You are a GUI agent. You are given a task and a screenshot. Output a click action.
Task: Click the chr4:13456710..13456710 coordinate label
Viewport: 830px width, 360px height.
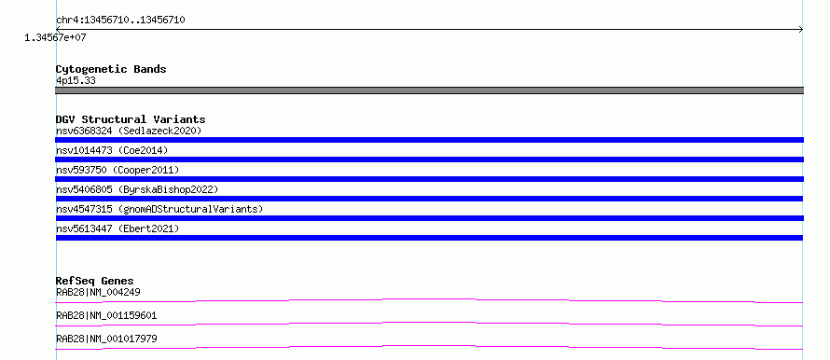(x=120, y=21)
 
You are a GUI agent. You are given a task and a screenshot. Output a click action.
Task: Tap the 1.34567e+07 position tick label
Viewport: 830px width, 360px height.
(x=55, y=37)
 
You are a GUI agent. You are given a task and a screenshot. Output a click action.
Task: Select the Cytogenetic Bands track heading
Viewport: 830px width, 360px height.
(x=111, y=69)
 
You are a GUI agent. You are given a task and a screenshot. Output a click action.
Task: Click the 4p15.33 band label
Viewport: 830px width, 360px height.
(x=76, y=80)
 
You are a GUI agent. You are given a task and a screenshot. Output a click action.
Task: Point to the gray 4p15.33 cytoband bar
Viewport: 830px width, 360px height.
(x=429, y=90)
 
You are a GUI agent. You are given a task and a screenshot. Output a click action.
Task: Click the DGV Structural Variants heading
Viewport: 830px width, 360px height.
(x=131, y=119)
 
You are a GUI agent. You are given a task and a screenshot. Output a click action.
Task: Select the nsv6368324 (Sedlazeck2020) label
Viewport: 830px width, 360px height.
(x=129, y=131)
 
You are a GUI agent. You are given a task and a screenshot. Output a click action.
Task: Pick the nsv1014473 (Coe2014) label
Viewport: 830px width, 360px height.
(x=112, y=150)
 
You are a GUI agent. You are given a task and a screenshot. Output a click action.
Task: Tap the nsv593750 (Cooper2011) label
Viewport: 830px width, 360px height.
(x=118, y=170)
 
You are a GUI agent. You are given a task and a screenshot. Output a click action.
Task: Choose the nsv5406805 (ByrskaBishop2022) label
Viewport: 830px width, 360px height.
(x=137, y=189)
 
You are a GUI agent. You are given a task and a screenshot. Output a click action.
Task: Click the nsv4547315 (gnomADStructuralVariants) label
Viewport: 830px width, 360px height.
(x=159, y=209)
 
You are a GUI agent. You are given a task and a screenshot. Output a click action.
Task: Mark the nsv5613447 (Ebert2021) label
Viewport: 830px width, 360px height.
(x=118, y=228)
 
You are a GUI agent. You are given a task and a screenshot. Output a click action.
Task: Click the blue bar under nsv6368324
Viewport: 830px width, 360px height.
(x=429, y=140)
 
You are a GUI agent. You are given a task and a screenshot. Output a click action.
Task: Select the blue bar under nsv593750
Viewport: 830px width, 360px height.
(x=429, y=179)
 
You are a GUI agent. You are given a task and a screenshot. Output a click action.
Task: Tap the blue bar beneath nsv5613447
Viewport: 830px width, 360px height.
(x=429, y=238)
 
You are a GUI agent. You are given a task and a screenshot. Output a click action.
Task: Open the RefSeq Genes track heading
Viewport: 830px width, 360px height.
(x=95, y=281)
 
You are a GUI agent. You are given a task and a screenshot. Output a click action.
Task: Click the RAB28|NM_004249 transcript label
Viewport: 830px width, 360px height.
(x=98, y=292)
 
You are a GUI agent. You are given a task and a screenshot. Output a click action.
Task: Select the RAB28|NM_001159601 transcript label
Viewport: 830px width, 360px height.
(x=106, y=315)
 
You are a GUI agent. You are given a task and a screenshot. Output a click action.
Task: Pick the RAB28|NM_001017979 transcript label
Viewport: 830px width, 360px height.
(x=106, y=339)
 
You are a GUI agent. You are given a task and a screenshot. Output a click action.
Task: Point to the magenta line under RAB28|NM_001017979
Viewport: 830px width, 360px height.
(x=429, y=346)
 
